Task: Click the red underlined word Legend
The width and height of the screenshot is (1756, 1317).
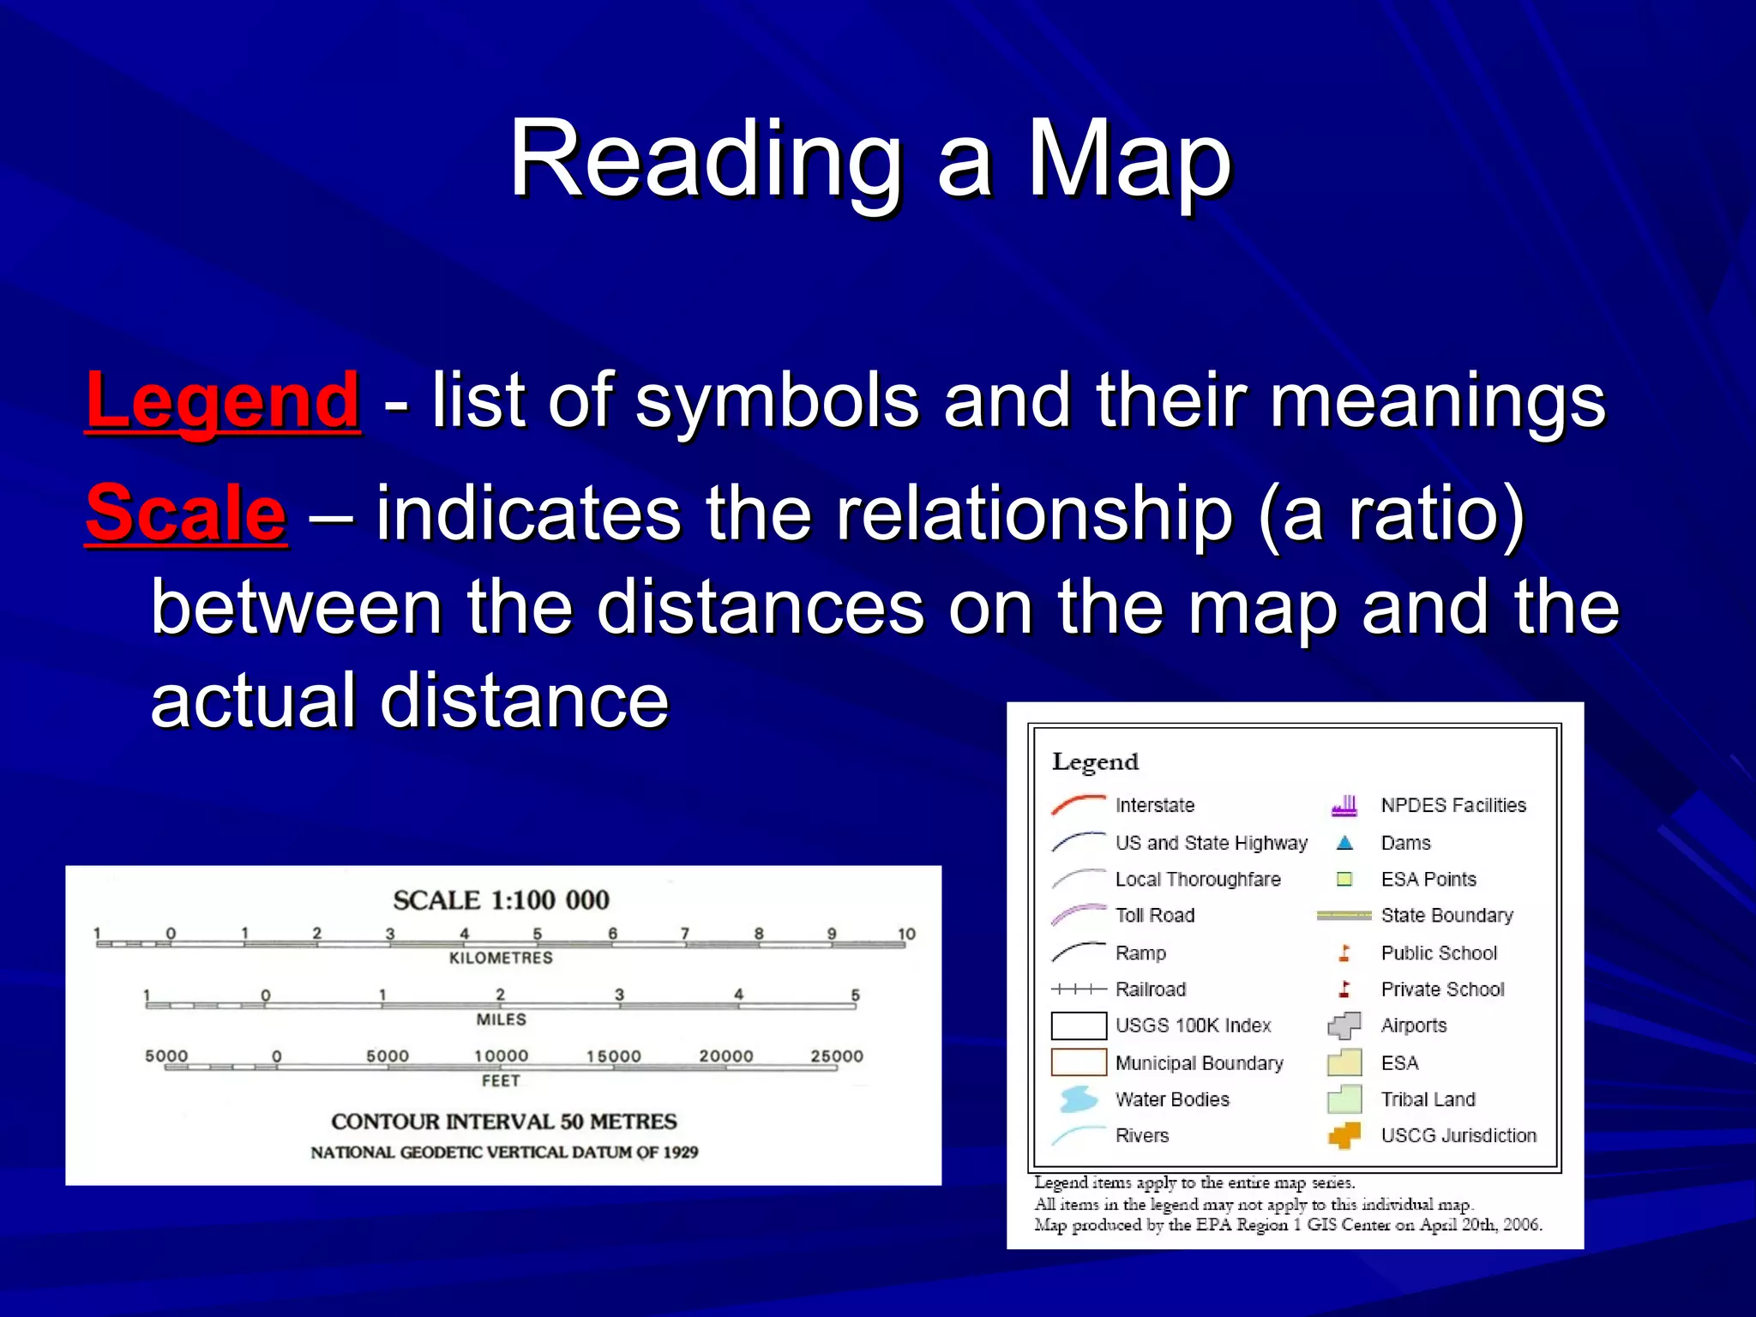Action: coord(223,401)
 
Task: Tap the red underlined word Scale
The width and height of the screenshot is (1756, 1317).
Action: coord(185,514)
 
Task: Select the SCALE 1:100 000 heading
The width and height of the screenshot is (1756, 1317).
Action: coord(501,900)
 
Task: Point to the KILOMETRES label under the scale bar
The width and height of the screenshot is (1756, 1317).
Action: coord(501,958)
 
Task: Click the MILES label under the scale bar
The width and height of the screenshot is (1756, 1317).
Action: coord(501,1019)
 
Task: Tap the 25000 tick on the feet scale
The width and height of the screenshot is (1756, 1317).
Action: coord(837,1056)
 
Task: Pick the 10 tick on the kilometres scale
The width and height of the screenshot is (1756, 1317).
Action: coord(906,934)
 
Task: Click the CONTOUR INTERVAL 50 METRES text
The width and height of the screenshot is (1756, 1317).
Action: coord(504,1122)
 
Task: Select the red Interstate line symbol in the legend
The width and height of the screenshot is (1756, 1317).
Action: coord(1079,804)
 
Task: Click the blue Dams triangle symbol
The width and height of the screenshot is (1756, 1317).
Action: coord(1344,843)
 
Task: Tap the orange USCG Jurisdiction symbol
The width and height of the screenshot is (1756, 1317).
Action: coord(1344,1135)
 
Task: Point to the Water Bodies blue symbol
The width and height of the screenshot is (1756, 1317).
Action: coord(1078,1098)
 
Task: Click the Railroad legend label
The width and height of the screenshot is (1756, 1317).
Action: coord(1151,989)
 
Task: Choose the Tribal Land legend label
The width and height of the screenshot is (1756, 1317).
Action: coord(1428,1099)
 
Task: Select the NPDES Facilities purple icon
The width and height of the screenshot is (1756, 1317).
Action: coord(1344,805)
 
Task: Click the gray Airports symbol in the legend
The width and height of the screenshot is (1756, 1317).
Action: coord(1344,1025)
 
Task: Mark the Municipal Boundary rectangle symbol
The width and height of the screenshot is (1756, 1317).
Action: coord(1079,1062)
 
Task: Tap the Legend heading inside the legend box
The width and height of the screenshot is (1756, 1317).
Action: coord(1095,761)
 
